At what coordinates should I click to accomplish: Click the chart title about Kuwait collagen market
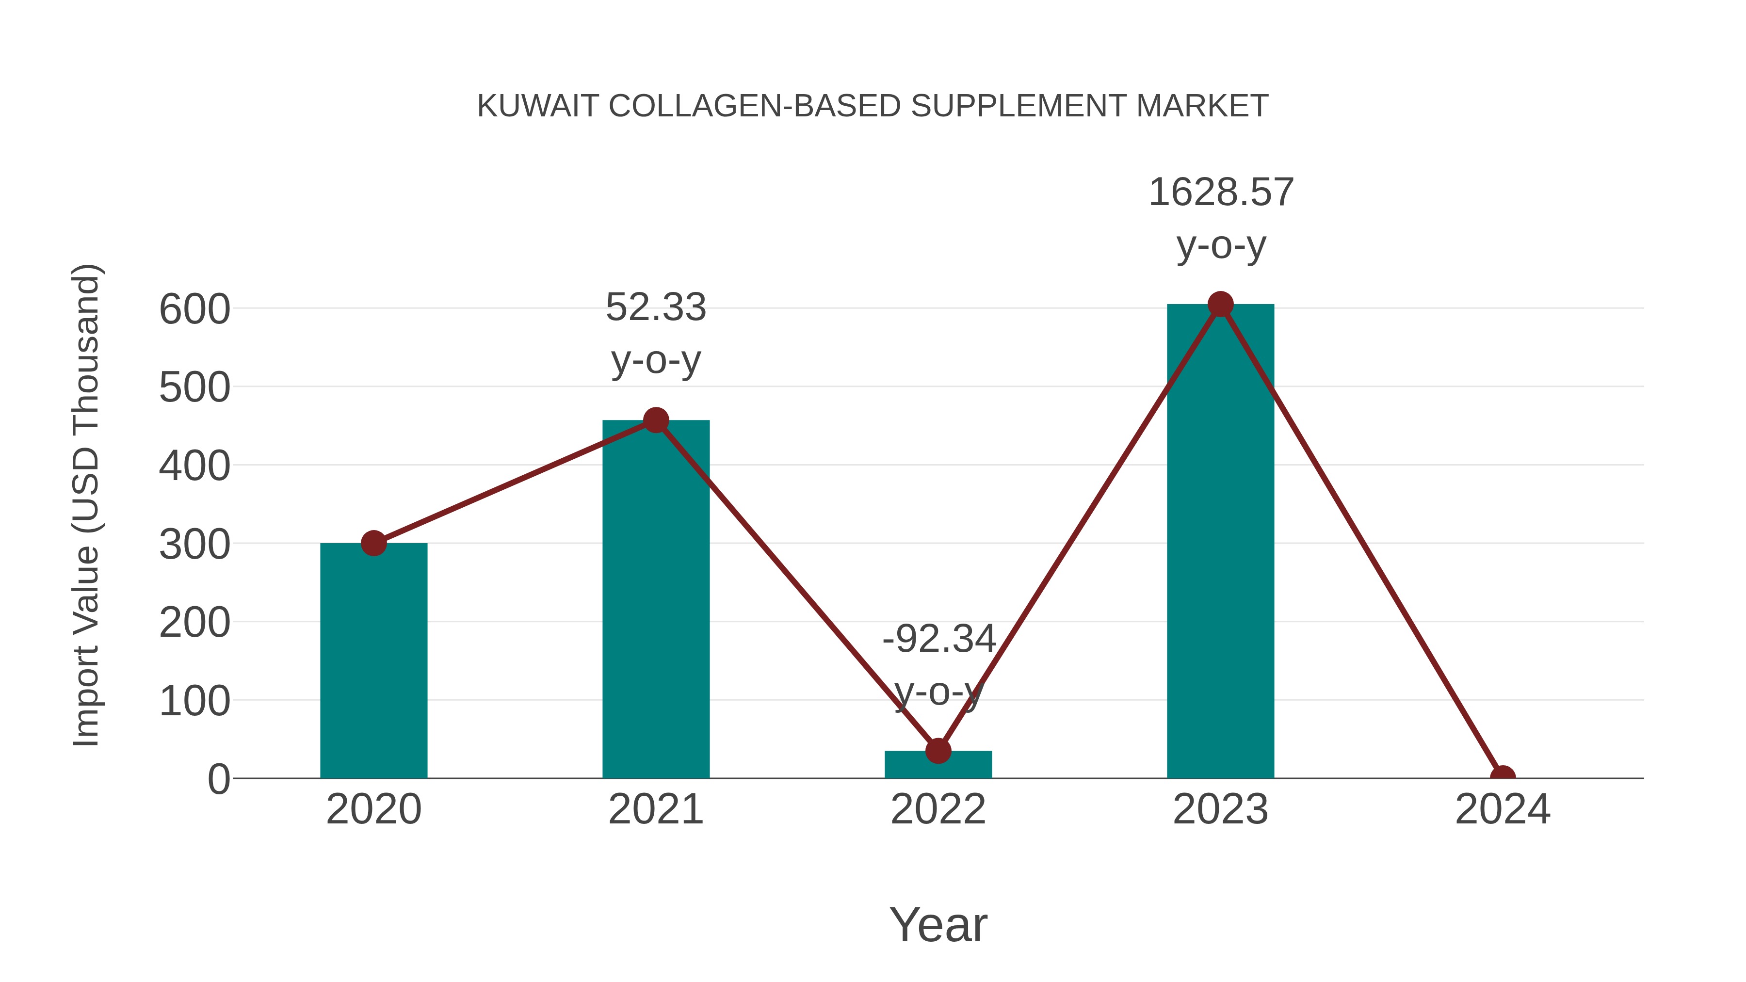(873, 106)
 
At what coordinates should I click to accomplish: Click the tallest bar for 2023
(1220, 542)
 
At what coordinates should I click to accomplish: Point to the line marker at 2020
(373, 543)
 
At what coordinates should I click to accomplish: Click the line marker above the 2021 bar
(655, 420)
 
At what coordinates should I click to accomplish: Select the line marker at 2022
(938, 750)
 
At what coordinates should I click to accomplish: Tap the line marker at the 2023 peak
(1220, 304)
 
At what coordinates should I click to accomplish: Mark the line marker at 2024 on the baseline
(1503, 777)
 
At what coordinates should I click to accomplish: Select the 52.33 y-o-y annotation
(655, 334)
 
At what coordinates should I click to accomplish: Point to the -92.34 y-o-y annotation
(938, 665)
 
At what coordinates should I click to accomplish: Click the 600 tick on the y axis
(194, 310)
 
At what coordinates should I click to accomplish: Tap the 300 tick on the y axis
(194, 545)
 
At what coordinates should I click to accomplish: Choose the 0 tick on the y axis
(218, 779)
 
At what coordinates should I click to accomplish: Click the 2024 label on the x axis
(1503, 810)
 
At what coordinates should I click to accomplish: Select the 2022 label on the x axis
(938, 810)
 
